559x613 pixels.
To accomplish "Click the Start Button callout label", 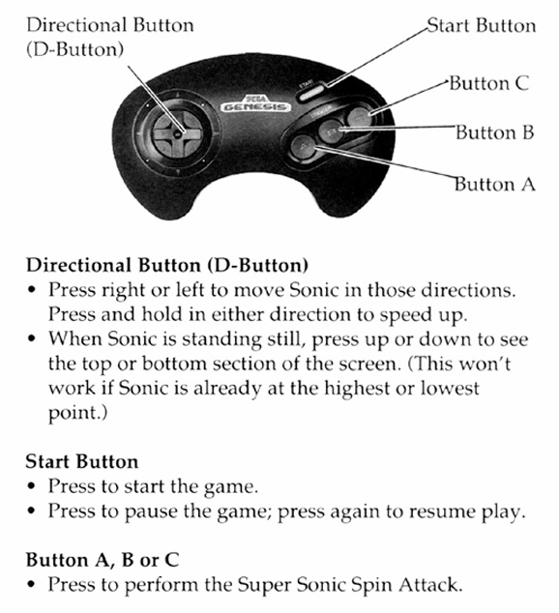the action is (482, 26).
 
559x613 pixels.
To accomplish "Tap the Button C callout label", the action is (489, 83).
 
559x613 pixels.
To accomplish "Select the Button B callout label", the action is (495, 132).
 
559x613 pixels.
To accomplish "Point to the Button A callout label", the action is (495, 184).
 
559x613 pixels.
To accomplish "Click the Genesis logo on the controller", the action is (255, 104).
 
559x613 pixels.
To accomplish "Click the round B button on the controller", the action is (331, 131).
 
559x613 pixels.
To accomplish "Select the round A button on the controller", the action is (303, 147).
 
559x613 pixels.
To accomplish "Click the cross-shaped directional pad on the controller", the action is (178, 133).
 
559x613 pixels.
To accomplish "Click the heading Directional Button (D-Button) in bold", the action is (167, 265).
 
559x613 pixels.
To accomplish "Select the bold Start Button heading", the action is (82, 461).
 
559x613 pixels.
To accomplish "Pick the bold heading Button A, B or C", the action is (103, 560).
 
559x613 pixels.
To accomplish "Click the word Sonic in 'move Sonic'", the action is (314, 290).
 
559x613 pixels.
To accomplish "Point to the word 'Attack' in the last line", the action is (428, 585).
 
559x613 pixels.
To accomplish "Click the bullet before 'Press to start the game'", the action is (32, 487).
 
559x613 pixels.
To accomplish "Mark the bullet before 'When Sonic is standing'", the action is (32, 338).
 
